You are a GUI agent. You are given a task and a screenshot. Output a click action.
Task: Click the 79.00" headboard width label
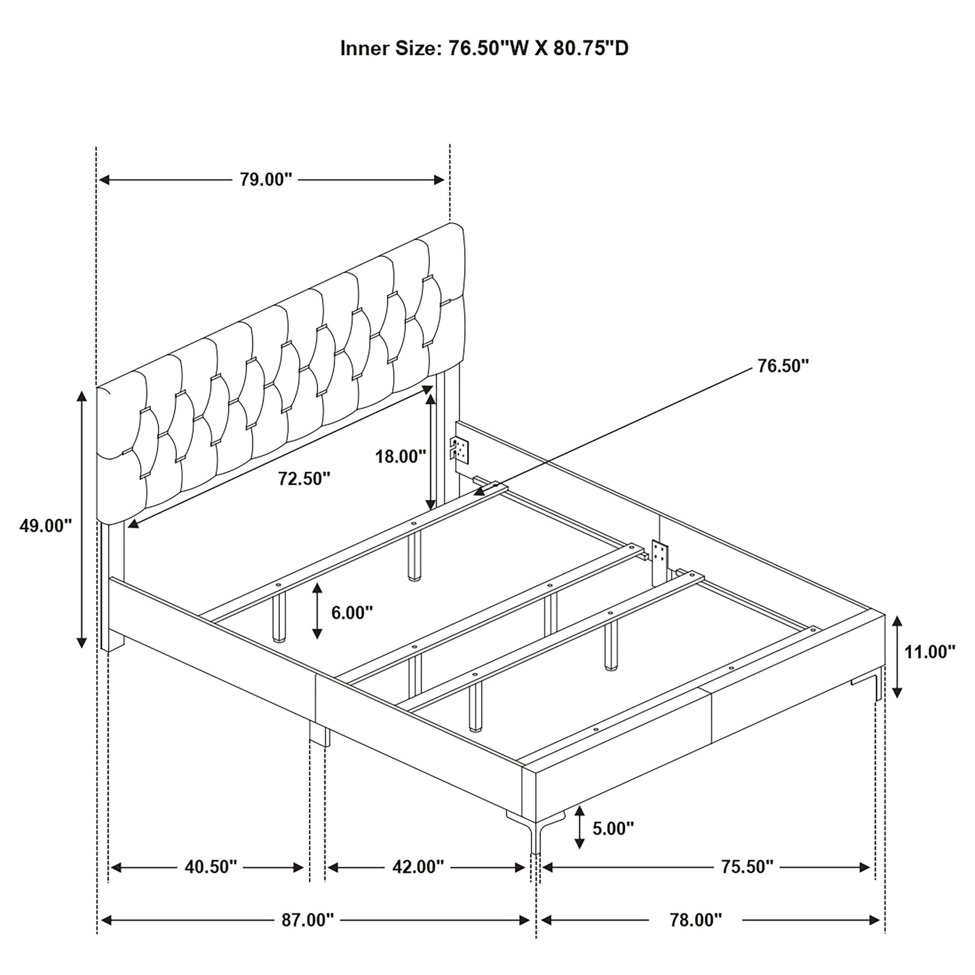click(x=266, y=179)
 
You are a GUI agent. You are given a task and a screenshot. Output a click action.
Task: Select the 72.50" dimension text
click(x=304, y=478)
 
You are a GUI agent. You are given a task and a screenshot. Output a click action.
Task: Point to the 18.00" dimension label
click(x=401, y=457)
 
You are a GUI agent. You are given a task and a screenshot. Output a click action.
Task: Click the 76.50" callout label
click(x=783, y=366)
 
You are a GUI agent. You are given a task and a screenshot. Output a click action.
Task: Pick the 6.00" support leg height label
click(x=352, y=613)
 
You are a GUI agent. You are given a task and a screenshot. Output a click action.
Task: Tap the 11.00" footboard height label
click(x=930, y=652)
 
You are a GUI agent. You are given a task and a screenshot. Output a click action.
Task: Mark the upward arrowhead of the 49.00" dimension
click(x=81, y=396)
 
